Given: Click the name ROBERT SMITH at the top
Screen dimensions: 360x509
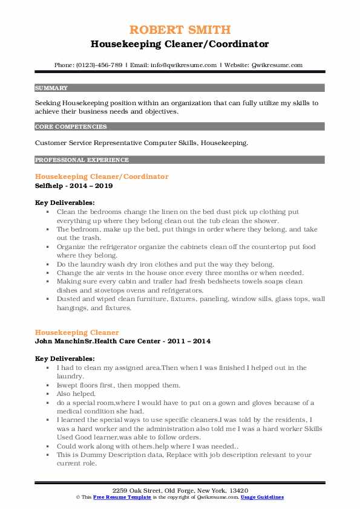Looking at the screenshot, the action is [x=180, y=30].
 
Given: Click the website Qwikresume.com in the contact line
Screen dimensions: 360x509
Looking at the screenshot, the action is [x=275, y=65].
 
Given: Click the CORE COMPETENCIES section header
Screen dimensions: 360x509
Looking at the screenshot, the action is [x=71, y=127].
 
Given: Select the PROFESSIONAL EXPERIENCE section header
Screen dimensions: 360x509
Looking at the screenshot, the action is [x=82, y=160].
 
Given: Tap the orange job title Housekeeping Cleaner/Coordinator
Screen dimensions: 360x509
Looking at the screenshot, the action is [x=102, y=177].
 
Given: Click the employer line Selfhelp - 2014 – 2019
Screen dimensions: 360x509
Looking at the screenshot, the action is [x=73, y=186].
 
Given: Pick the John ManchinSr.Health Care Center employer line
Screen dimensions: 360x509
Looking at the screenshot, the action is [x=123, y=342].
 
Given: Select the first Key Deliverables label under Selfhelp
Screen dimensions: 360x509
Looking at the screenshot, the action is [x=65, y=203].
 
